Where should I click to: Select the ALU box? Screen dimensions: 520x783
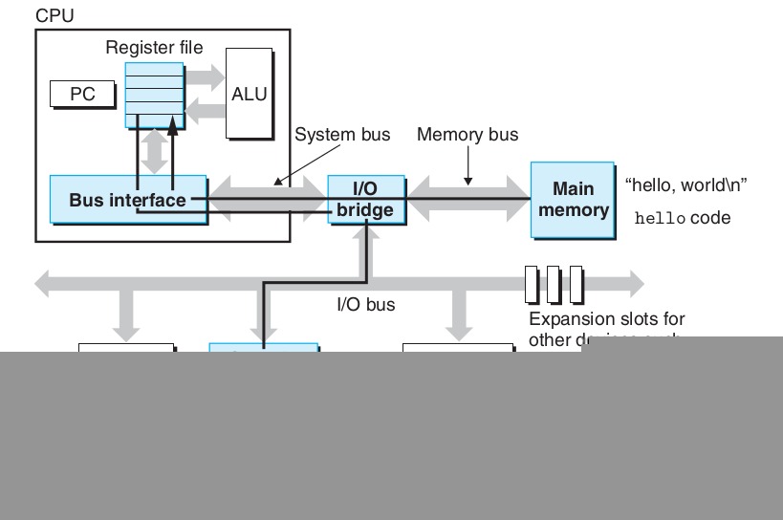pyautogui.click(x=249, y=95)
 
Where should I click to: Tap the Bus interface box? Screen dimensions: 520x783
pyautogui.click(x=127, y=200)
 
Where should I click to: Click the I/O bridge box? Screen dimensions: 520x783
pyautogui.click(x=366, y=200)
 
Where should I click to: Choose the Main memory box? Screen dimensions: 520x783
pyautogui.click(x=573, y=200)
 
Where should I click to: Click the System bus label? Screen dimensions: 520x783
pyautogui.click(x=342, y=135)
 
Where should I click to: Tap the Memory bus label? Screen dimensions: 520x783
pyautogui.click(x=468, y=135)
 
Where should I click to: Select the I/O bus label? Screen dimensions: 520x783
pyautogui.click(x=365, y=305)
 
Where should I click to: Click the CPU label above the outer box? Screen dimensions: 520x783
pyautogui.click(x=54, y=16)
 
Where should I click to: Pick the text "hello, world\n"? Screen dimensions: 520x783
pyautogui.click(x=685, y=185)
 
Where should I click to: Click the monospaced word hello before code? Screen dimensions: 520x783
pyautogui.click(x=661, y=219)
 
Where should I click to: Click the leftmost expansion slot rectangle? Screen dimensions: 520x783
pyautogui.click(x=533, y=284)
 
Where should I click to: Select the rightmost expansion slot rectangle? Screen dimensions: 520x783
pyautogui.click(x=576, y=284)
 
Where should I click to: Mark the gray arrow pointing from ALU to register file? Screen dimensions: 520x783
pyautogui.click(x=203, y=112)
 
